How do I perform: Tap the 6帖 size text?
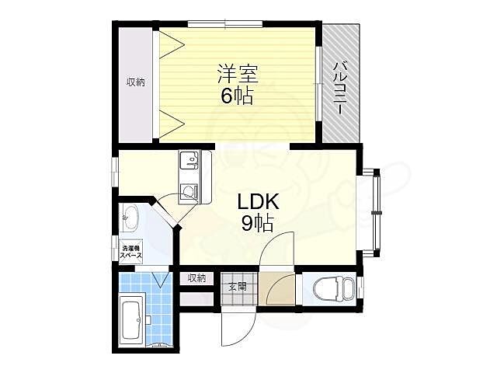(x=237, y=97)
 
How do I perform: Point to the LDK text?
(x=252, y=203)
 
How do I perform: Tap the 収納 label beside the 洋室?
(x=136, y=82)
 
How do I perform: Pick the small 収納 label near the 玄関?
(x=196, y=278)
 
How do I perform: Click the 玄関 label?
(x=237, y=287)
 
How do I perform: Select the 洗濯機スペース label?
(x=130, y=253)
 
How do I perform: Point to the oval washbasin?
(x=129, y=218)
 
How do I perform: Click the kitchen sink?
(x=189, y=162)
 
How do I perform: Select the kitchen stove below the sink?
(x=188, y=192)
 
